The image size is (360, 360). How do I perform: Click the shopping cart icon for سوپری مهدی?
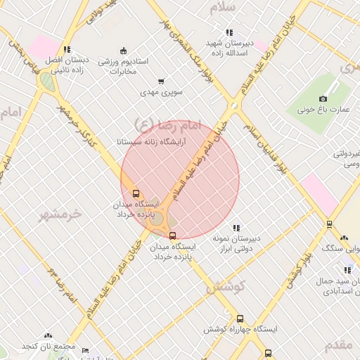[161, 82]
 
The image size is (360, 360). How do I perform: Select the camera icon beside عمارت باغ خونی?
[323, 99]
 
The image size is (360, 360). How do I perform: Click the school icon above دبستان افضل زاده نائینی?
[67, 49]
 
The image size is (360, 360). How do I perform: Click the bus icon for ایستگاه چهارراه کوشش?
[240, 319]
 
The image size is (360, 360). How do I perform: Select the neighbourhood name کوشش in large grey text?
[224, 287]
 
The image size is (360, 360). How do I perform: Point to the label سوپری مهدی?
[161, 92]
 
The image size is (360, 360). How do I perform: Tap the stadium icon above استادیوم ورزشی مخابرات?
[124, 50]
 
